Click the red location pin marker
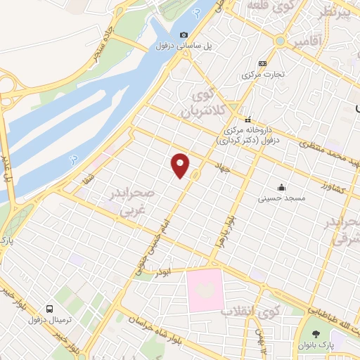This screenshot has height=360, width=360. pos(181,165)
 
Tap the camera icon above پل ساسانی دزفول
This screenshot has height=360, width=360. pos(184,35)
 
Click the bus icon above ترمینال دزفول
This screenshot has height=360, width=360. pos(50,309)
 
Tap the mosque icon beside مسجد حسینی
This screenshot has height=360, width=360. pos(281,187)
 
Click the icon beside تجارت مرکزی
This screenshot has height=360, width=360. pos(262,63)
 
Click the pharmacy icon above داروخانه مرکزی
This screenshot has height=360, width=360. pos(247,118)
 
